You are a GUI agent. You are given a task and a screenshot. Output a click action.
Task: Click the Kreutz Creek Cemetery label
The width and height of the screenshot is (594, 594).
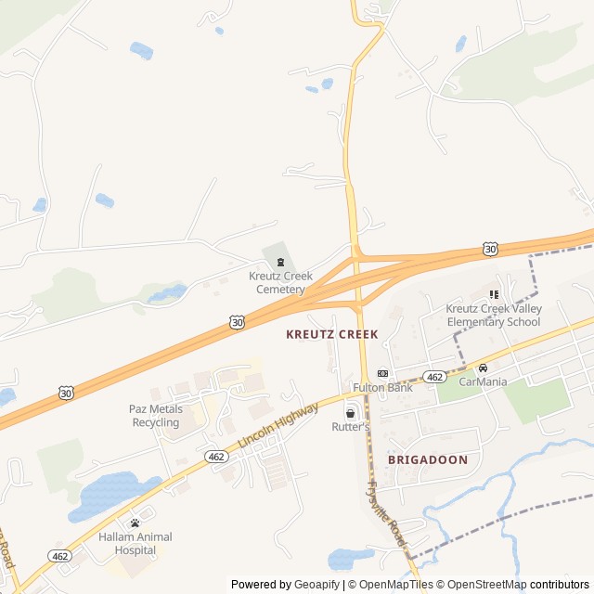click(280, 282)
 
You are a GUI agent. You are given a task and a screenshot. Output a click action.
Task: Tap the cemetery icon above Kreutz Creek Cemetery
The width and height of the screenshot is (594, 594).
click(281, 263)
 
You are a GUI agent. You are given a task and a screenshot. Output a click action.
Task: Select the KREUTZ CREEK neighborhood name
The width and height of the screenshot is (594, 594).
click(332, 333)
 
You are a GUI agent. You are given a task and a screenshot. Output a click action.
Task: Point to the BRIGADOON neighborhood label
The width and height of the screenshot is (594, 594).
click(428, 459)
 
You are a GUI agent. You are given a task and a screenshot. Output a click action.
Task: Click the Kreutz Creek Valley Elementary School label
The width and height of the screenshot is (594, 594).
click(493, 316)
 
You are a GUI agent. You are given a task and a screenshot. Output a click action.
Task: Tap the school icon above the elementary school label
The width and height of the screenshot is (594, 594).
click(494, 294)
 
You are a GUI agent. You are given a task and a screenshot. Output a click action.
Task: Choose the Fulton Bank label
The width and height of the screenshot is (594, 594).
click(382, 387)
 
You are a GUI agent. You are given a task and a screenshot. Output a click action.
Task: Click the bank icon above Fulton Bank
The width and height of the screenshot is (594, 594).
click(382, 373)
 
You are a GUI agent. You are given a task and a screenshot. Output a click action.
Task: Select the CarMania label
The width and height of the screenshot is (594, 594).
click(483, 381)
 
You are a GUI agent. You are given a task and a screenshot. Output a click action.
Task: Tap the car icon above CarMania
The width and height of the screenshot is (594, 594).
click(483, 368)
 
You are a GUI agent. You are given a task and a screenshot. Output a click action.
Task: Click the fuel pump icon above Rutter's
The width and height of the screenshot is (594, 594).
click(350, 412)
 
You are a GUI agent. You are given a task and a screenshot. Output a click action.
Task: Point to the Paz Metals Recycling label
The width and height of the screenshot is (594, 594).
click(155, 416)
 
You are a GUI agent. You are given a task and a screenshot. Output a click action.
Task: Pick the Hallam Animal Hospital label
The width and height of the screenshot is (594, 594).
click(136, 543)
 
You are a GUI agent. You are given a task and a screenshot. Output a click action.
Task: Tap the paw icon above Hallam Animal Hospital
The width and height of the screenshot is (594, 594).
click(136, 523)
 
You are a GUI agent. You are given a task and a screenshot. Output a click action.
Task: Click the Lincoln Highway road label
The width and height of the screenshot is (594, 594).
click(278, 427)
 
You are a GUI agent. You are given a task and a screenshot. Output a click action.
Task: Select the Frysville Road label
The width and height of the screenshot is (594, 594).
click(387, 511)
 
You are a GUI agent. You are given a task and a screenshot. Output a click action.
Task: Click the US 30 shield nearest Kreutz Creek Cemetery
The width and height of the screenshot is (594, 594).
click(239, 322)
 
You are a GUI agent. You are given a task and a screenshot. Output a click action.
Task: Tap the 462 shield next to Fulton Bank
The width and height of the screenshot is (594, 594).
click(434, 376)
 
